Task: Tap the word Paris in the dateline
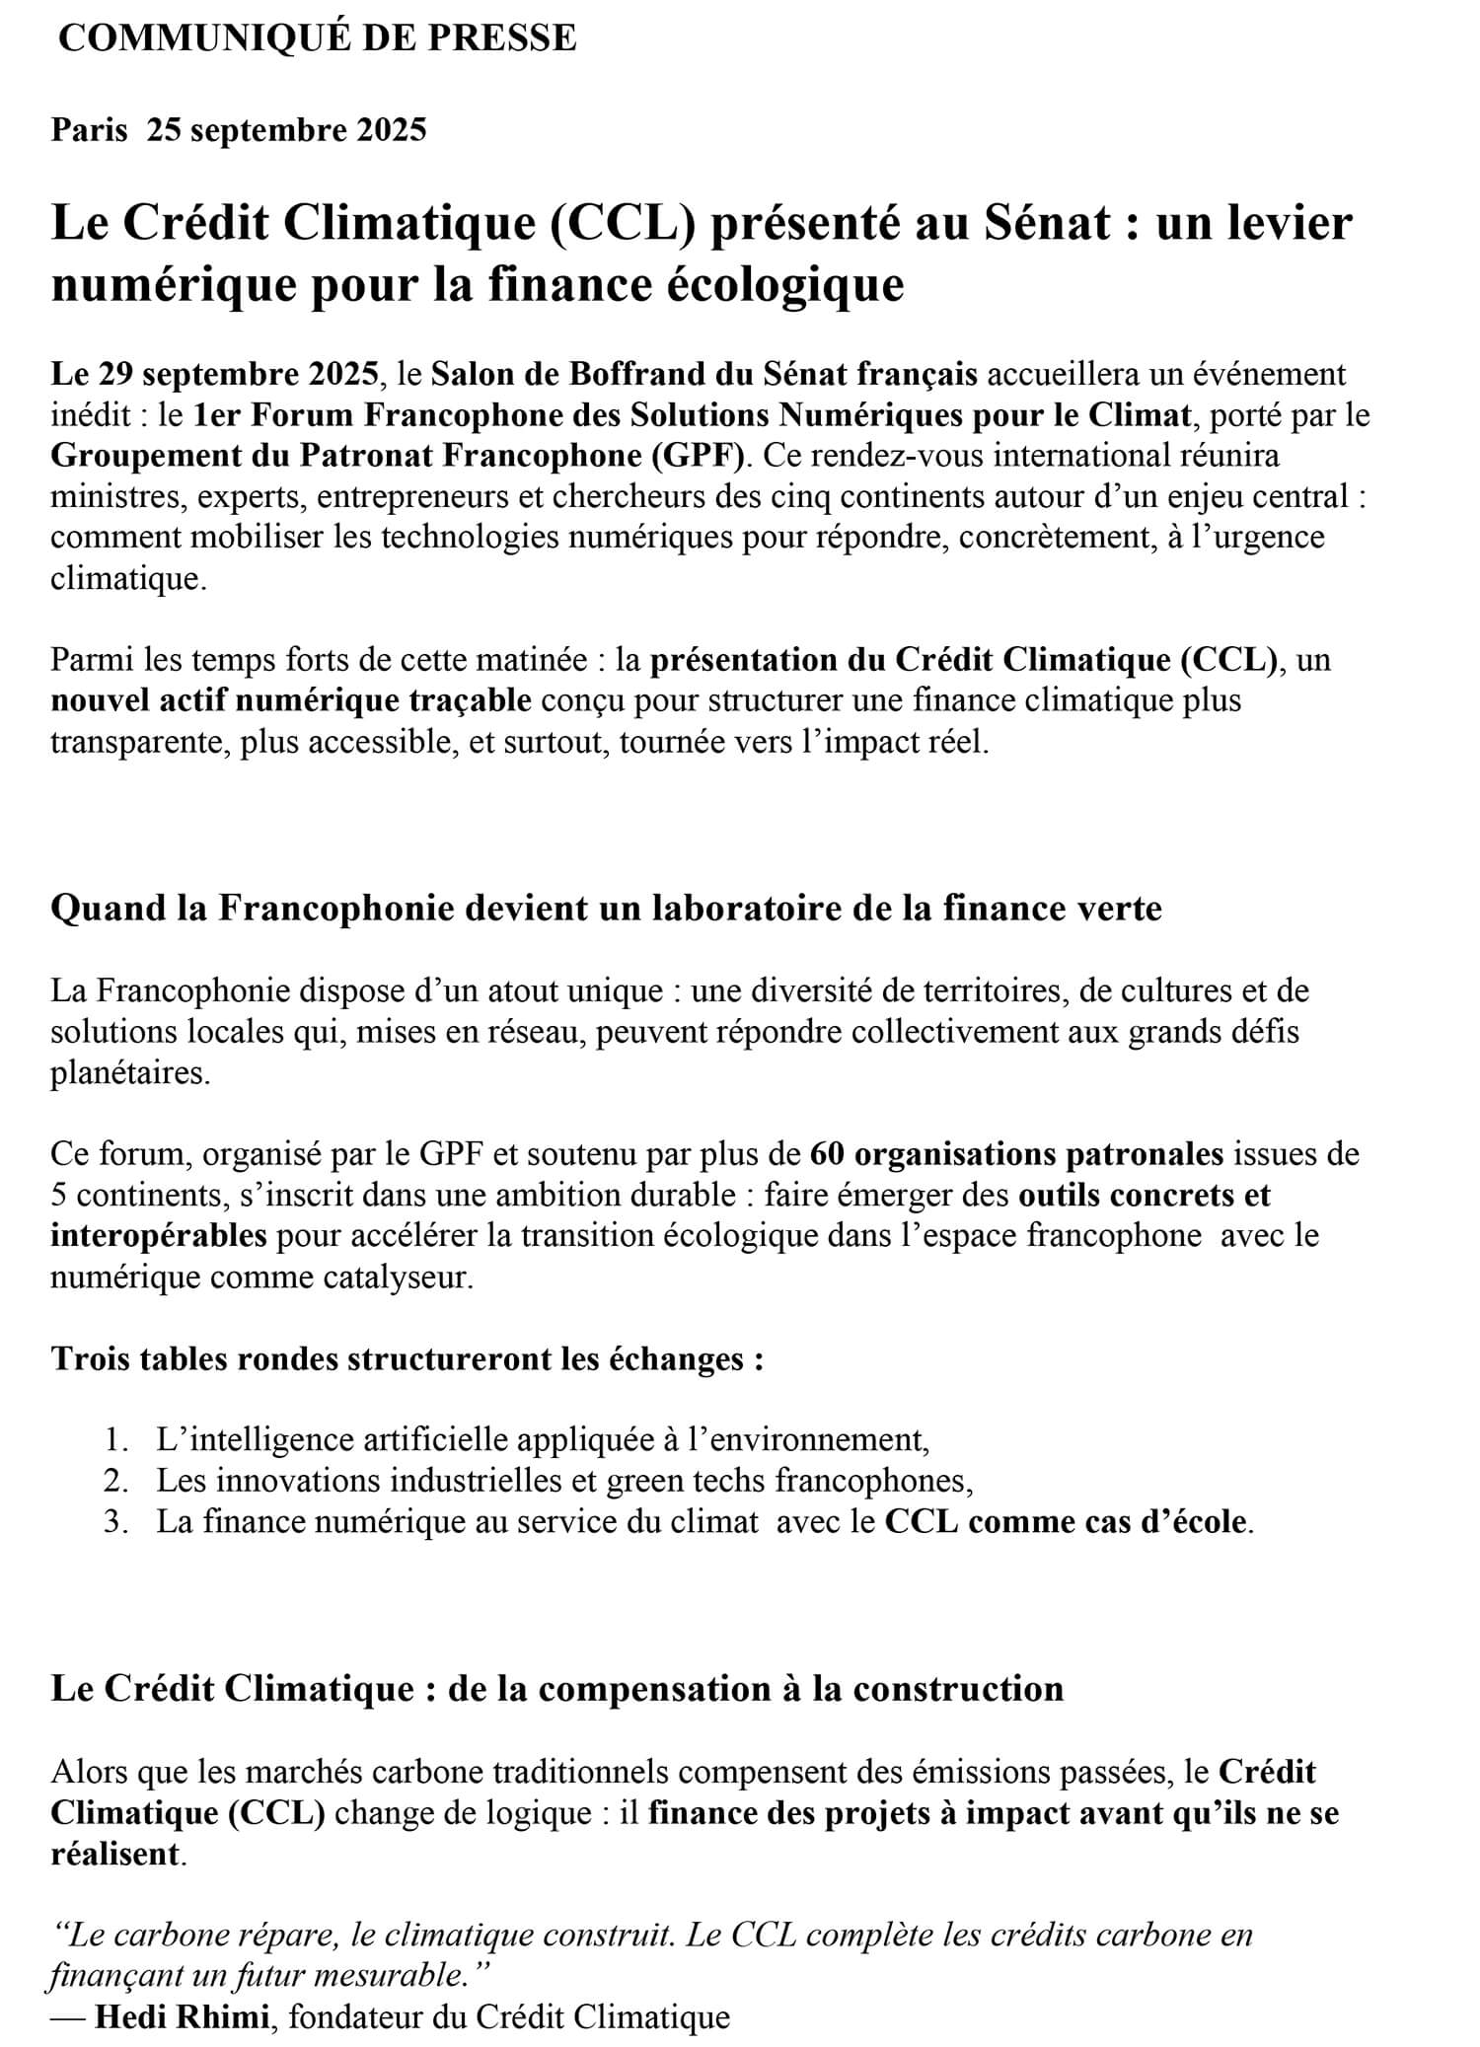click(89, 129)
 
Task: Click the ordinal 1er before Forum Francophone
click(216, 415)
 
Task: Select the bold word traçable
click(467, 700)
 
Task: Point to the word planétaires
click(130, 1072)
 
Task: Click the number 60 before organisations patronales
click(826, 1153)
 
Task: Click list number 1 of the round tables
click(115, 1440)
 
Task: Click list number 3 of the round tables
click(115, 1522)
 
